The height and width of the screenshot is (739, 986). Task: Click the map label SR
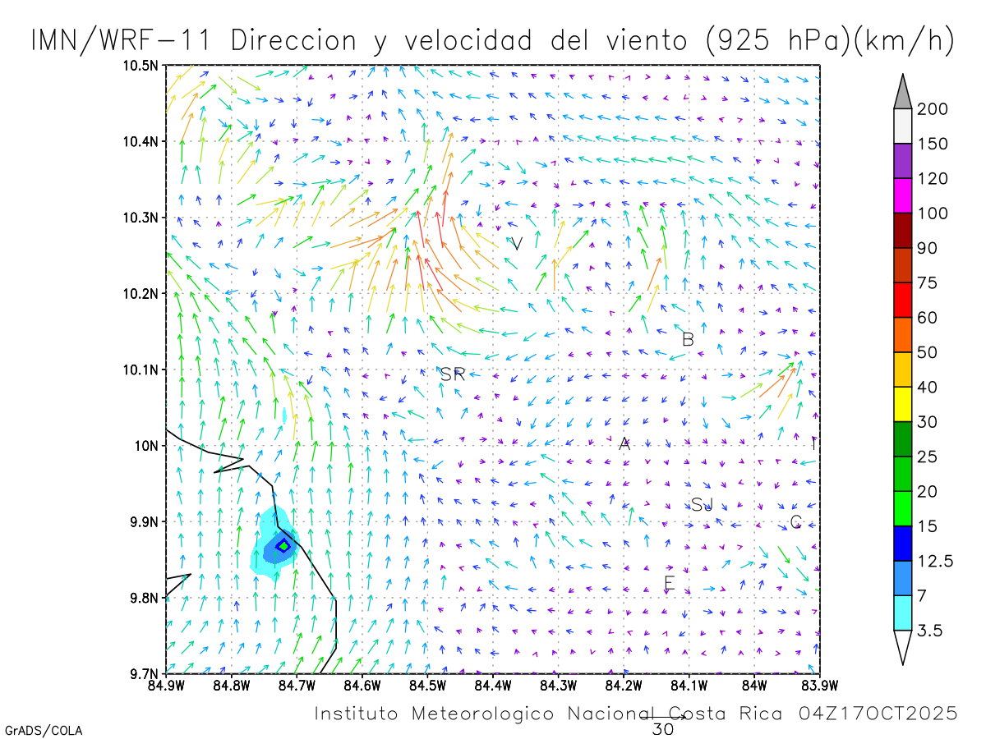point(453,374)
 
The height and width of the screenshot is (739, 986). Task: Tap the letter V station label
point(517,244)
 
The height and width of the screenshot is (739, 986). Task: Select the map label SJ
point(702,504)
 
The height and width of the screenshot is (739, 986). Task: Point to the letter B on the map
point(689,339)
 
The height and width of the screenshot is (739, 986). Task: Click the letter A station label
point(624,444)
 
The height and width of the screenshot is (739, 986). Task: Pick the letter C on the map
point(795,522)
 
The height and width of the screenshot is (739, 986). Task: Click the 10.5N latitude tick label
point(141,65)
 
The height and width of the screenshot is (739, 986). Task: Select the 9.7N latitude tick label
point(144,674)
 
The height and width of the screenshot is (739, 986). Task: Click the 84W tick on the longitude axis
point(754,686)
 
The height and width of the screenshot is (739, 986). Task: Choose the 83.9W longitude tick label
point(819,686)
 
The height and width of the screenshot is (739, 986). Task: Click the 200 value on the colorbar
point(933,109)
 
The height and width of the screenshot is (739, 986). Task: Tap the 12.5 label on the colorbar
point(936,561)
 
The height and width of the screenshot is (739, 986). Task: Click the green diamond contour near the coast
point(283,546)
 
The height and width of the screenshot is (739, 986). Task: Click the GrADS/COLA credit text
point(44,730)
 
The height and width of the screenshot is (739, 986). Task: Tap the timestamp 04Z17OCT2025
point(878,714)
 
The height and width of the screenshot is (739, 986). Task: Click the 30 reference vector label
point(662,728)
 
